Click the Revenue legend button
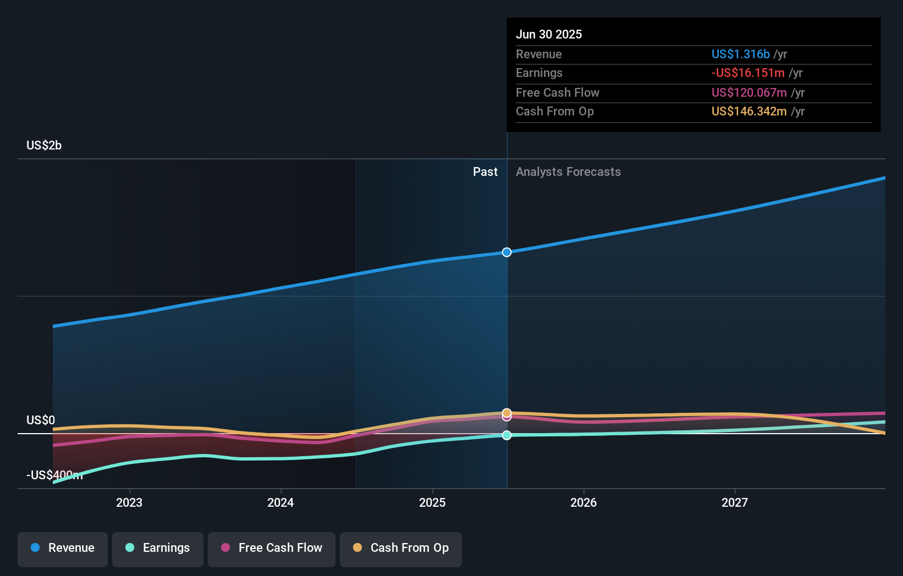(x=63, y=549)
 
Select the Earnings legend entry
(x=158, y=549)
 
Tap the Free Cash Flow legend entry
(x=272, y=549)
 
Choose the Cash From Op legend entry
(x=401, y=549)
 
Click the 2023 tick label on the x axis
(x=129, y=503)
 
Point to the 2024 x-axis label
(x=280, y=503)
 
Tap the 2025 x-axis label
(x=432, y=503)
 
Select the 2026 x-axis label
(x=583, y=503)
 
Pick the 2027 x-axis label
(x=735, y=503)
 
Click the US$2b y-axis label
(x=44, y=146)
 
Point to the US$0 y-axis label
(x=41, y=420)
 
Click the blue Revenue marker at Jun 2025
(x=507, y=252)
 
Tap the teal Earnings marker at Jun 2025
(x=507, y=435)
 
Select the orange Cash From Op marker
(x=507, y=412)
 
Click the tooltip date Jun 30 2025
(x=549, y=35)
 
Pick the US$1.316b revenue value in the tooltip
(x=740, y=54)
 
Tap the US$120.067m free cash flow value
(x=749, y=93)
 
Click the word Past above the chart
(x=485, y=172)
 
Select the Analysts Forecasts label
(x=568, y=172)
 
